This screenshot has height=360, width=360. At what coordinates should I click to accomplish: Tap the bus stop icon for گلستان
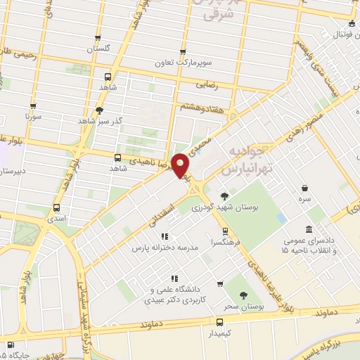(x=98, y=39)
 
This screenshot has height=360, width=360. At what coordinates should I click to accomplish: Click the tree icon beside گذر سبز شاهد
(x=99, y=110)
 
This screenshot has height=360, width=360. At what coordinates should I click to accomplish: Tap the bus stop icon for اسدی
(x=56, y=207)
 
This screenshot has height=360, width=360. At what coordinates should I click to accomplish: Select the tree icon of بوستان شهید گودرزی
(x=224, y=196)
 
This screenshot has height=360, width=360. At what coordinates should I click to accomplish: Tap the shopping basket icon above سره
(x=304, y=188)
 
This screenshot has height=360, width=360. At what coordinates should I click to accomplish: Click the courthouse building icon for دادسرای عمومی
(x=309, y=229)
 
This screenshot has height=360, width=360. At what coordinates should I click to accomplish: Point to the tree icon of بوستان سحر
(x=243, y=295)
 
